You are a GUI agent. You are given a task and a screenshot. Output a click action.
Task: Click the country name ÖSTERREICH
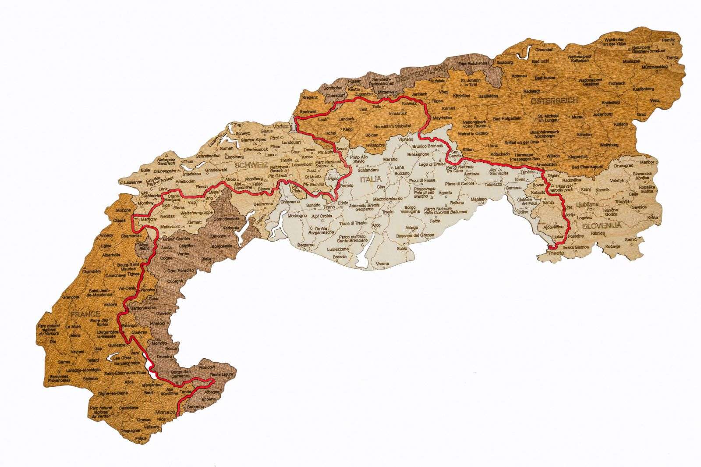tap(554, 100)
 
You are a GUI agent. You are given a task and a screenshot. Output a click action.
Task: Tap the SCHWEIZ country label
tap(251, 165)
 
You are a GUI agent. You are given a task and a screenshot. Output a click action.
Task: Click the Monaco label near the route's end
tap(164, 413)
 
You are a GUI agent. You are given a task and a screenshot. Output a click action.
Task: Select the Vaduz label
tap(280, 126)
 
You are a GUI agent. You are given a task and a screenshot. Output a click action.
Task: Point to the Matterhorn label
tap(170, 227)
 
